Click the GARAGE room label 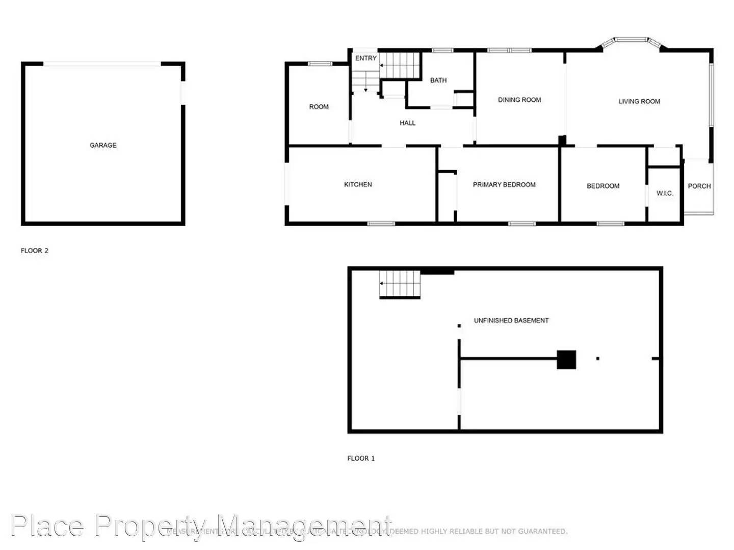coord(103,145)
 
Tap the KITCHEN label coord(358,184)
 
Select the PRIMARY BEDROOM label coord(504,184)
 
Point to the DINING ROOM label coord(519,100)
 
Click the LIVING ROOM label coord(639,101)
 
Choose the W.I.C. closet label coord(665,193)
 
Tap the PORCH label coord(699,186)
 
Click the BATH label coord(438,80)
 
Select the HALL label coord(407,123)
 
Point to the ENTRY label coord(366,58)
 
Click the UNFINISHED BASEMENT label coord(511,320)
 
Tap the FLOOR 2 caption coord(35,251)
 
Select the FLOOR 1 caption coord(361,458)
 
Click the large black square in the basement coord(566,360)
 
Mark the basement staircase coord(400,284)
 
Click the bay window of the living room coord(632,40)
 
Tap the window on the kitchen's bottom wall coord(381,223)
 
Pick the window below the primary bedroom coord(522,223)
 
